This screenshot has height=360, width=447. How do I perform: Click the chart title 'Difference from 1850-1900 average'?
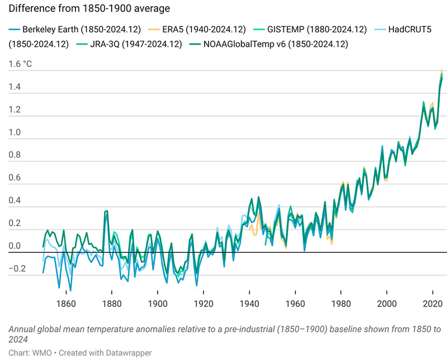click(89, 9)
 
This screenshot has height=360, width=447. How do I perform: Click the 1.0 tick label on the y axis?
click(15, 133)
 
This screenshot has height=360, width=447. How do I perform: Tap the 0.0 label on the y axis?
click(15, 246)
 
